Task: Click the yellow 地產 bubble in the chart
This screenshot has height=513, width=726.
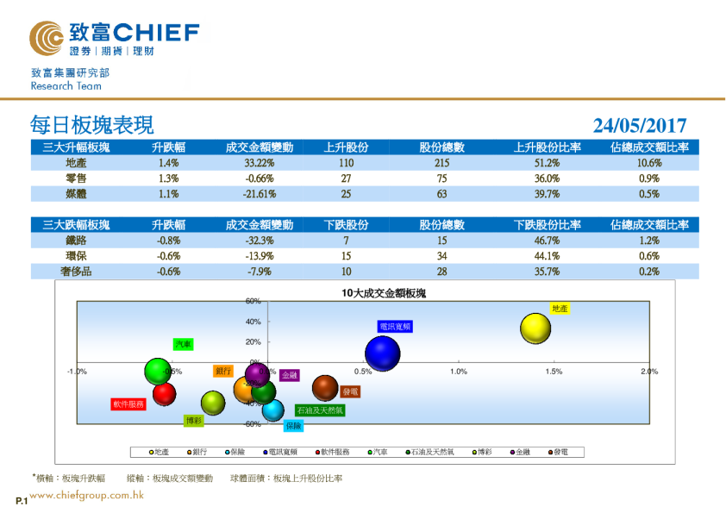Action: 535,328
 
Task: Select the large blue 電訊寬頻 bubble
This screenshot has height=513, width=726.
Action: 383,353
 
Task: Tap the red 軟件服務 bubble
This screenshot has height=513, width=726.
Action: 165,394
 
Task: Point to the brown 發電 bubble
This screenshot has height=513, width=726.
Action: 325,388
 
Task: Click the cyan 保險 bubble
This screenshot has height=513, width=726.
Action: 272,410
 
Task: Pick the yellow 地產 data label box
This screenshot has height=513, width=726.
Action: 560,308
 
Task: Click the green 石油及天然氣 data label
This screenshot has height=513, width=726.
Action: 320,410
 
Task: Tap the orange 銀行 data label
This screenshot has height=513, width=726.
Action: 223,371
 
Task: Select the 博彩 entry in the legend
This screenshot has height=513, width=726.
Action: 487,452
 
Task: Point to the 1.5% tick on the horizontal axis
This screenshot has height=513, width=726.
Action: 554,372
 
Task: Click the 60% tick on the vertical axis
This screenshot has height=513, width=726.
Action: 253,302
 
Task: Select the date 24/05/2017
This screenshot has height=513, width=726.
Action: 640,126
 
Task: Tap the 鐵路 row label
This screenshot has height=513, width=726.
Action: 76,241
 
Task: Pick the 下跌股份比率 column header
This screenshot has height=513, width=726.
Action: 548,225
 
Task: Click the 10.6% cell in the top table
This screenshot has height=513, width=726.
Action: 649,163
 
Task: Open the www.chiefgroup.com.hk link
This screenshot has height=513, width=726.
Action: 86,496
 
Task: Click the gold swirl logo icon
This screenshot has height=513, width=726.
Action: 46,36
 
